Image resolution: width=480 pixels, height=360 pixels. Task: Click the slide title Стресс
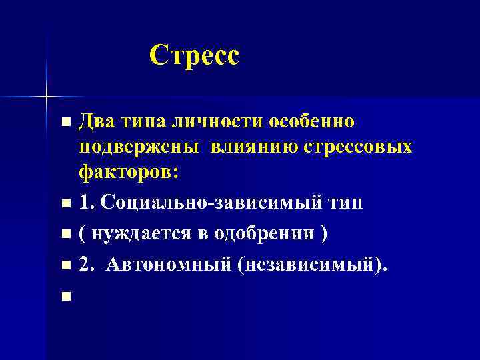point(193,55)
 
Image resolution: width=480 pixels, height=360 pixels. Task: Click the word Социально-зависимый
point(209,203)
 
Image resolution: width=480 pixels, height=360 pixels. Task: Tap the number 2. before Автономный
point(87,264)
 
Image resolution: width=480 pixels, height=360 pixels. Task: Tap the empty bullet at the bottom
point(65,296)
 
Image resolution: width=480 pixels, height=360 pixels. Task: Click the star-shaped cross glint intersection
point(46,97)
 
